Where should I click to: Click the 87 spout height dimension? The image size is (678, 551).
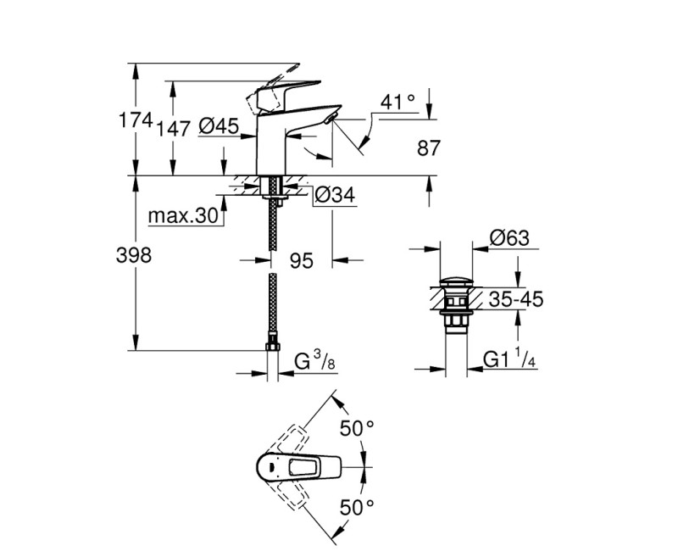coord(430,147)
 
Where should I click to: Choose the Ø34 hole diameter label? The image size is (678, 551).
coord(333,196)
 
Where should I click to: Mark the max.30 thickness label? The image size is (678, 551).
coord(183,216)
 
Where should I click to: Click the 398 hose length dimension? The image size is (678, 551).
coord(134,255)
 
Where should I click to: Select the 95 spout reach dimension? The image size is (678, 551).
coord(303,261)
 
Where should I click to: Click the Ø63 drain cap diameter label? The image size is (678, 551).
coord(509,240)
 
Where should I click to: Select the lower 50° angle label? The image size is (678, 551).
coord(355,508)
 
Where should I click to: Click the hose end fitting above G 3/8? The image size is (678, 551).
coord(273,345)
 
